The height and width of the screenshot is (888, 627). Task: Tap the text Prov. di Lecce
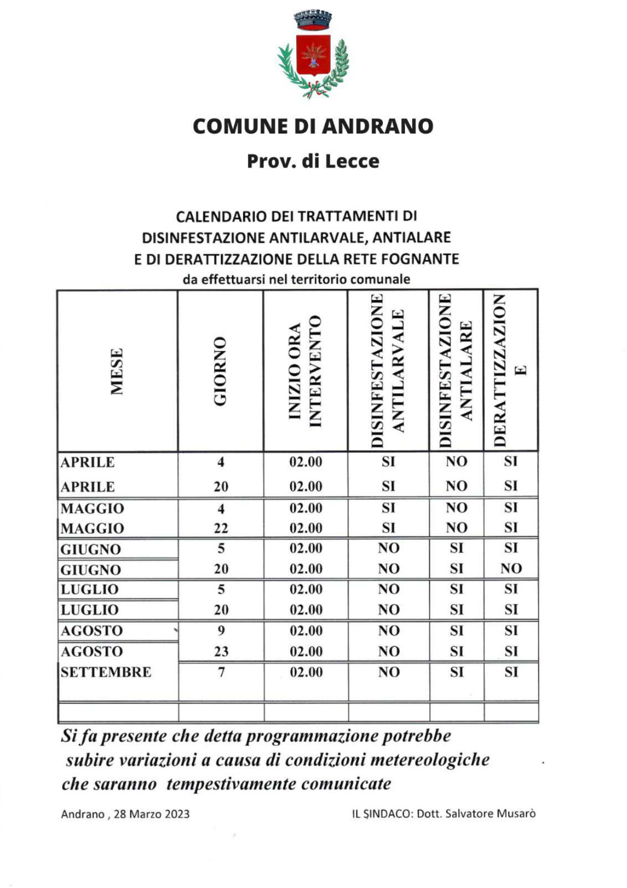[x=313, y=161]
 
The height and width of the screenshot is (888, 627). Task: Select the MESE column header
[x=117, y=371]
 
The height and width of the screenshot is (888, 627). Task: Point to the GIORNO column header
[x=220, y=371]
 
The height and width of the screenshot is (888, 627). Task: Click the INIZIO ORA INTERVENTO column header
[x=305, y=371]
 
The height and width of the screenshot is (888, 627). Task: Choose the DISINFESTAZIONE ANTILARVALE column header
[x=388, y=371]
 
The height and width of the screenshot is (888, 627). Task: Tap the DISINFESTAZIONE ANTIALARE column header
[x=456, y=371]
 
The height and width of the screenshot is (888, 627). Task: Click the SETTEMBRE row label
[x=106, y=672]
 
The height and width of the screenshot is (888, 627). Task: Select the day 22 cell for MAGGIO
[x=221, y=528]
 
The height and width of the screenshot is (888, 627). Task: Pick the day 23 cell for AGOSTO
[x=221, y=651]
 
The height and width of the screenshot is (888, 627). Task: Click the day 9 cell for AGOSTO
[x=221, y=630]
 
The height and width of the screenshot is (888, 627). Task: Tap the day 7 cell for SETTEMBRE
[x=221, y=672]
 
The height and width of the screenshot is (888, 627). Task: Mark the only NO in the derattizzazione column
[x=511, y=569]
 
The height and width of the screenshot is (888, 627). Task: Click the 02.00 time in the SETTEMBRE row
[x=306, y=672]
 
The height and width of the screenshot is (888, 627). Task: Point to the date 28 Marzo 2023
[x=152, y=814]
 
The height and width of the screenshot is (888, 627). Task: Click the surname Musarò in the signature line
[x=516, y=814]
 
